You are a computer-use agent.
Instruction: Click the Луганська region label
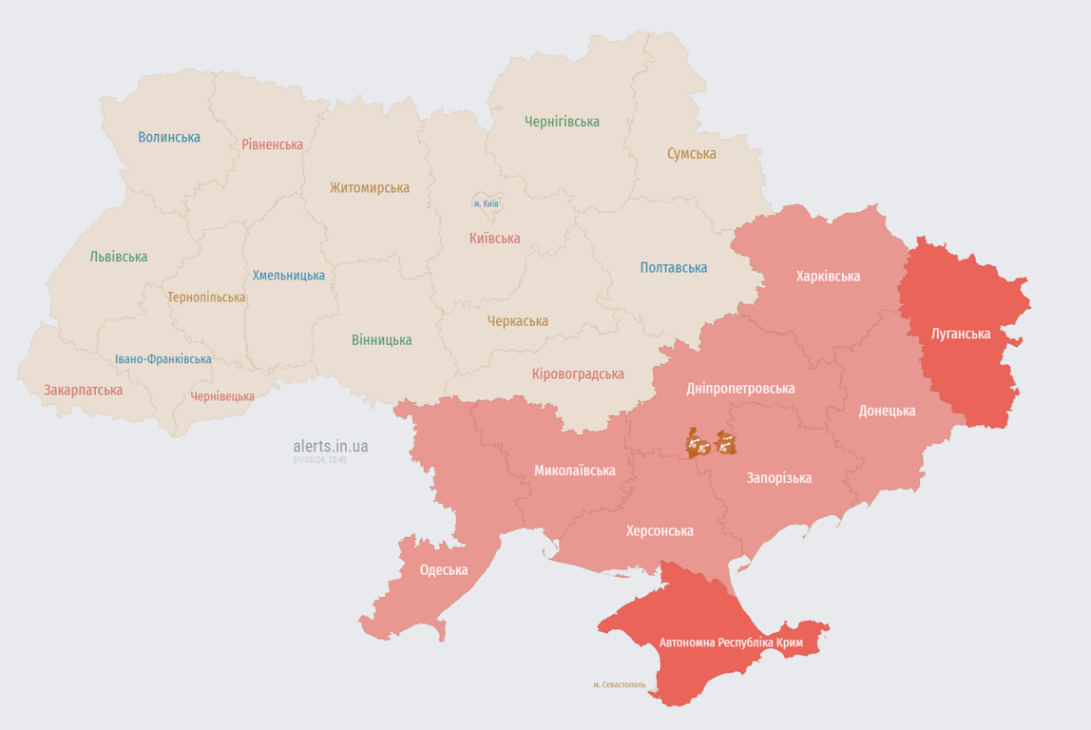pyautogui.click(x=961, y=334)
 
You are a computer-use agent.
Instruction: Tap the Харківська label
pyautogui.click(x=828, y=277)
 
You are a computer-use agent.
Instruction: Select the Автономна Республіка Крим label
pyautogui.click(x=731, y=643)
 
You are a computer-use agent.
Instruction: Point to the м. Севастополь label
pyautogui.click(x=619, y=684)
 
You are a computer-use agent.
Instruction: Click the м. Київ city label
pyautogui.click(x=487, y=204)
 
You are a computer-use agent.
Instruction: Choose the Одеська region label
pyautogui.click(x=444, y=570)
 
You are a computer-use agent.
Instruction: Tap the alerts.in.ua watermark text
pyautogui.click(x=331, y=446)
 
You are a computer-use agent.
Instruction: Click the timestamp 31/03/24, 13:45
pyautogui.click(x=319, y=460)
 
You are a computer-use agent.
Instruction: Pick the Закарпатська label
pyautogui.click(x=83, y=390)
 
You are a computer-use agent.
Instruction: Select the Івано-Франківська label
pyautogui.click(x=163, y=359)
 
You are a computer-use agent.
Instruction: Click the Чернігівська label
pyautogui.click(x=562, y=122)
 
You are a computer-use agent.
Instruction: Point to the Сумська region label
pyautogui.click(x=691, y=153)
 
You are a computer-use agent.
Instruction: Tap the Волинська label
pyautogui.click(x=169, y=137)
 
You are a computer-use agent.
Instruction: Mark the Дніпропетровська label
pyautogui.click(x=740, y=388)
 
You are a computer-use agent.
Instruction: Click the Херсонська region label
pyautogui.click(x=660, y=530)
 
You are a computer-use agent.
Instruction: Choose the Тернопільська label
pyautogui.click(x=206, y=298)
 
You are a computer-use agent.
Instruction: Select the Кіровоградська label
pyautogui.click(x=578, y=374)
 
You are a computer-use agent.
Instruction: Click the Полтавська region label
pyautogui.click(x=673, y=268)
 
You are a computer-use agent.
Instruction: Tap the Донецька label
pyautogui.click(x=887, y=411)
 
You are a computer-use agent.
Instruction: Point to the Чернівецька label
pyautogui.click(x=222, y=396)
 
